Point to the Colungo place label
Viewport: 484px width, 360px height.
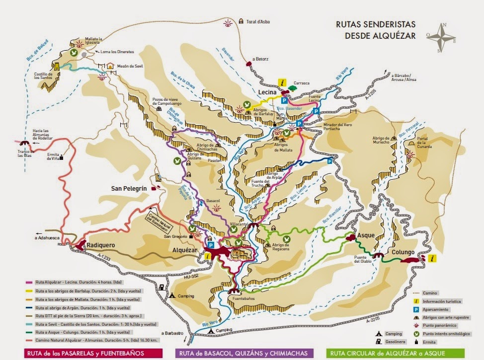coord(403,251)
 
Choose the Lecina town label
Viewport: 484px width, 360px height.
coord(267,92)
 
